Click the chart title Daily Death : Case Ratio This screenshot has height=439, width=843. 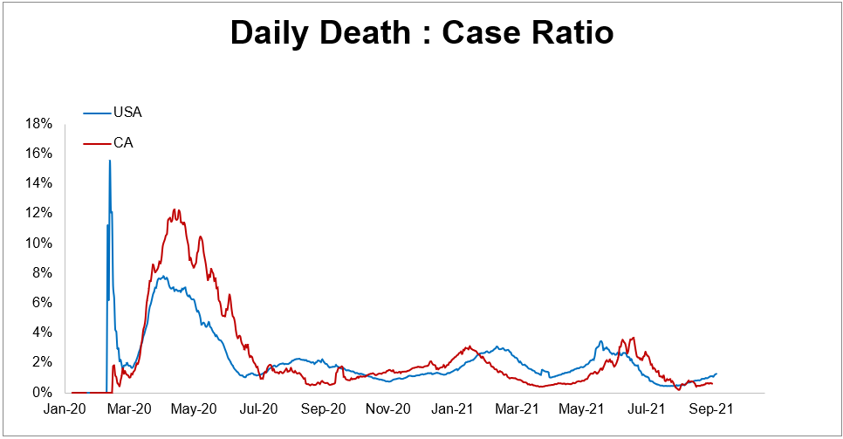pos(421,33)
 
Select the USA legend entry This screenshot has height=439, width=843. pos(127,113)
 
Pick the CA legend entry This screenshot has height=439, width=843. pos(123,142)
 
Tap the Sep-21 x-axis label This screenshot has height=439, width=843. pos(708,408)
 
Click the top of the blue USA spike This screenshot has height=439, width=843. pos(109,161)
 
